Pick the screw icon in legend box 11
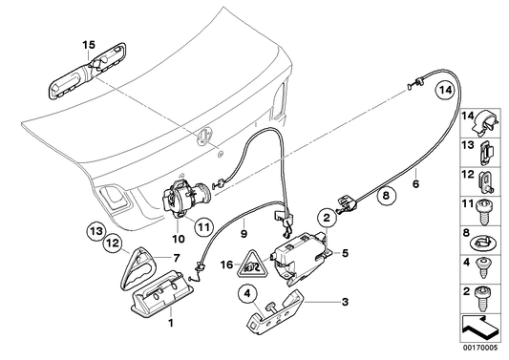[x=486, y=204]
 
